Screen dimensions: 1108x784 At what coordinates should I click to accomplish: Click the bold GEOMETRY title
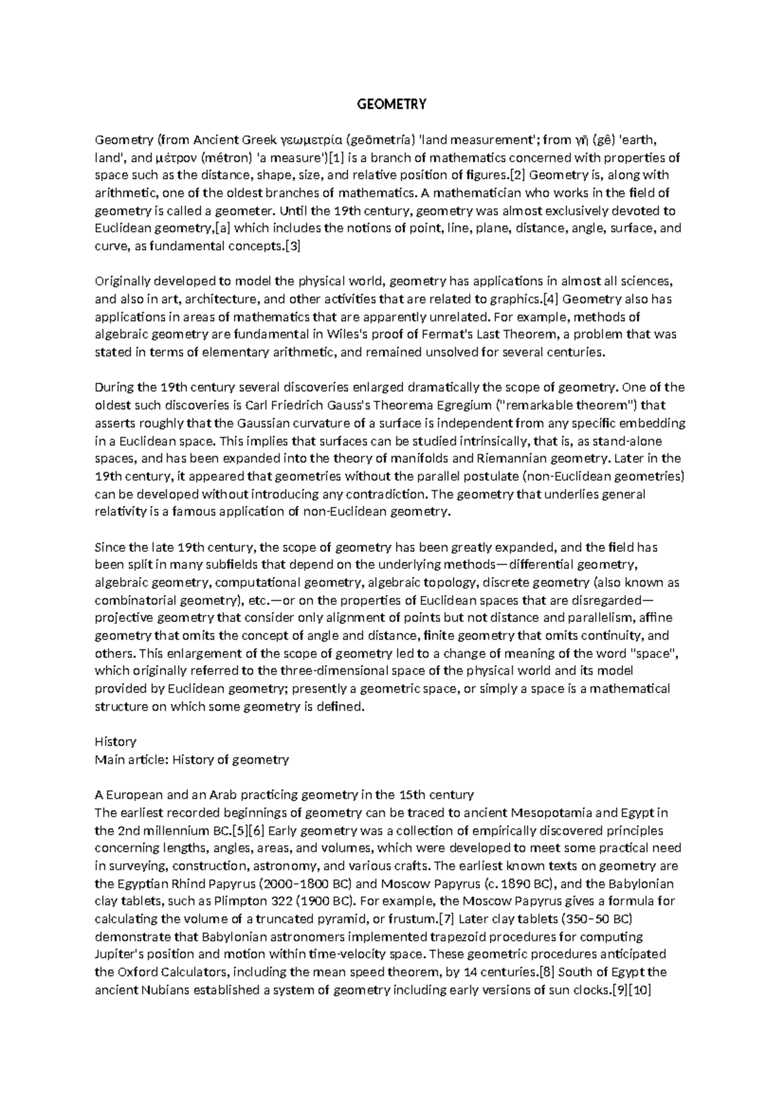click(391, 104)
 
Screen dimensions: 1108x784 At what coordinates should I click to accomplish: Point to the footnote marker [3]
click(291, 246)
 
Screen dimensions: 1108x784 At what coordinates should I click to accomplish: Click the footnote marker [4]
click(551, 299)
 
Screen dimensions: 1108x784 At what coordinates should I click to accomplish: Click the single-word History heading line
click(116, 741)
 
